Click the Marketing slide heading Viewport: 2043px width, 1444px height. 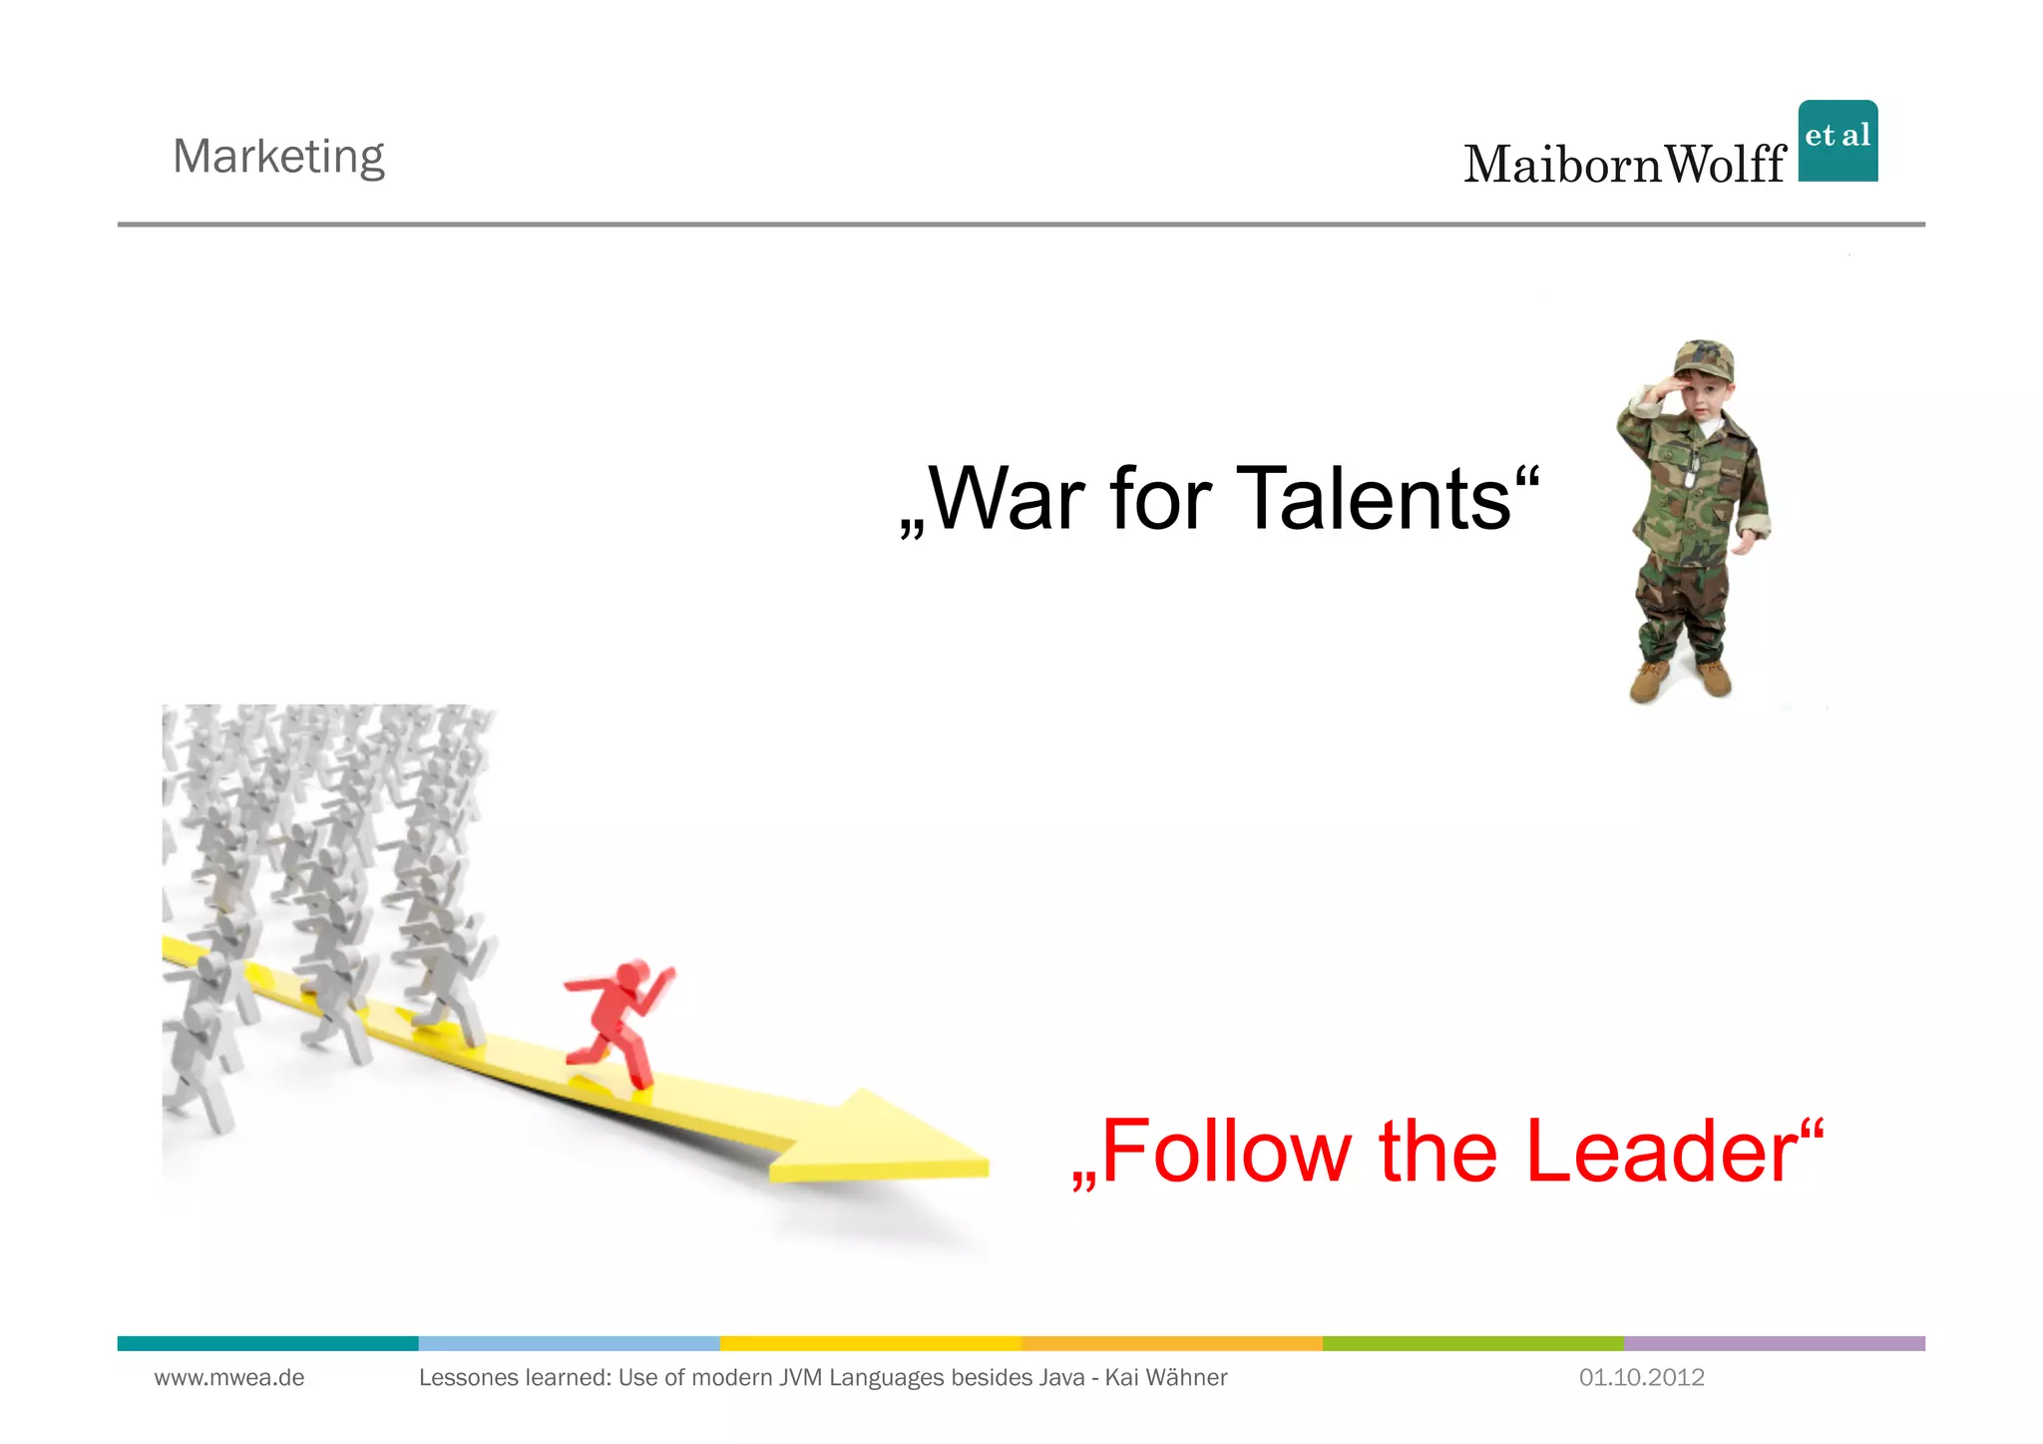click(278, 157)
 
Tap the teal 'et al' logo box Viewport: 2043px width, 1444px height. click(1838, 141)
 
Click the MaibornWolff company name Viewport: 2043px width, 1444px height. click(1624, 165)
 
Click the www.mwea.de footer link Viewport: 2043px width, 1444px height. click(229, 1378)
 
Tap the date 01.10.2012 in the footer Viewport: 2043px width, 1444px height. click(1641, 1378)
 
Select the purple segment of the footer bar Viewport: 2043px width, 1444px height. click(1774, 1343)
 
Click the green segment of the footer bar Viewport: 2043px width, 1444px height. click(1472, 1343)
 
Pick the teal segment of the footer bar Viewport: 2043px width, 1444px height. click(267, 1343)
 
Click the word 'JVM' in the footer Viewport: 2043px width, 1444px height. click(801, 1378)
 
